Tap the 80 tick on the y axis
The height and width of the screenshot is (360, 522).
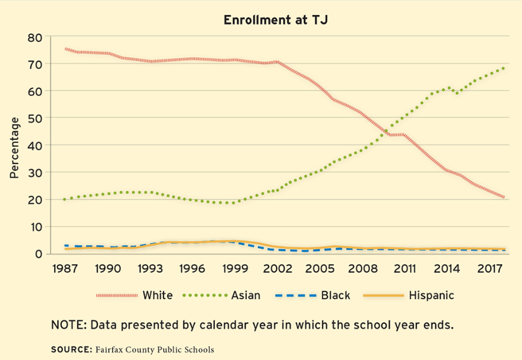(x=35, y=38)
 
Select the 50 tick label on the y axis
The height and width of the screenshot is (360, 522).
(x=35, y=118)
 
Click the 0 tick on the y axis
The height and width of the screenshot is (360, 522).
(x=39, y=254)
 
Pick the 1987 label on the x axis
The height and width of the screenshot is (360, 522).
(x=65, y=269)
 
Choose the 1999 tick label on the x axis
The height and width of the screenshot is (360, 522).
(x=235, y=269)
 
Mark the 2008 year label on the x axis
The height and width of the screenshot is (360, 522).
(x=362, y=269)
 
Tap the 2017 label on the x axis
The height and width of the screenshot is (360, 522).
(x=490, y=269)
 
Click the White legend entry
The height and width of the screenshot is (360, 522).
(x=157, y=295)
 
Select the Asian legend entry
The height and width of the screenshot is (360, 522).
(x=245, y=295)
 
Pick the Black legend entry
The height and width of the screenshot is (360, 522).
(x=336, y=295)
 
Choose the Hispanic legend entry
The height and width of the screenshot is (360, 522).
(x=431, y=295)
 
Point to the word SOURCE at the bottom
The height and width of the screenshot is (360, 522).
(x=71, y=349)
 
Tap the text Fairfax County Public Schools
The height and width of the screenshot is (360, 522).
(x=154, y=349)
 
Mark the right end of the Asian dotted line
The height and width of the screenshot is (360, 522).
(x=503, y=68)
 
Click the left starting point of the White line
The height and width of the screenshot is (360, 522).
(x=65, y=48)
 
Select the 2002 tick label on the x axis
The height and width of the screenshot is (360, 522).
(x=277, y=269)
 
